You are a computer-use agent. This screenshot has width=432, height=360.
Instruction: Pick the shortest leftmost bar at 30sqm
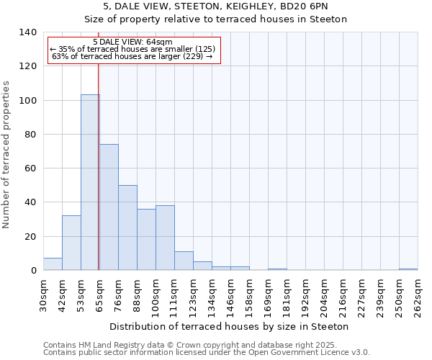tap(53, 264)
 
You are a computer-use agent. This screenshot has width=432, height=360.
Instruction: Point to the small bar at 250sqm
tap(408, 269)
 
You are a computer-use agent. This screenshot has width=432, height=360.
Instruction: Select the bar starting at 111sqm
tap(184, 261)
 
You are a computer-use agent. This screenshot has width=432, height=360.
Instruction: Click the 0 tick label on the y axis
tap(33, 271)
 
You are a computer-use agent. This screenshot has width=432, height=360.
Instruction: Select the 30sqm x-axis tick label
tap(44, 295)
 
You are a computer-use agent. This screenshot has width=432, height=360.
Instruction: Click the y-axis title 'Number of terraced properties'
tap(7, 154)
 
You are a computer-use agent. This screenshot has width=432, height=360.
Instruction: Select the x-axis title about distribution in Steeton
tap(230, 326)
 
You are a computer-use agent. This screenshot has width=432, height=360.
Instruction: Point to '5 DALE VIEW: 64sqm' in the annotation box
tap(133, 42)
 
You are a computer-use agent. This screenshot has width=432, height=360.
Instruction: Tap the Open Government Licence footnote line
tap(207, 353)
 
